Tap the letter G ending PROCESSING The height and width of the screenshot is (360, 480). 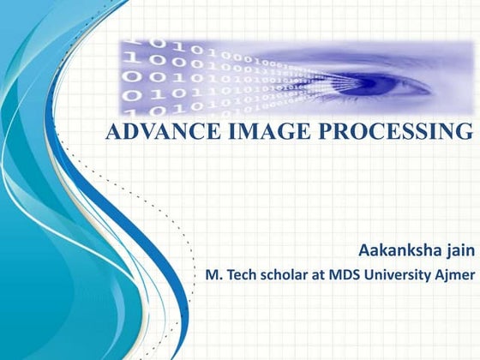tap(465, 133)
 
